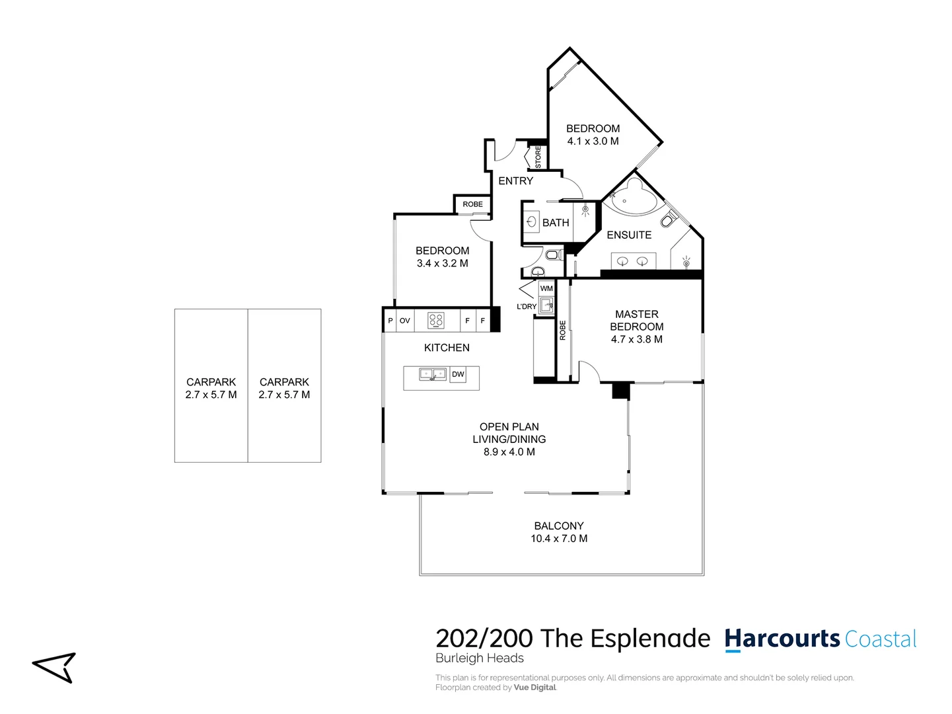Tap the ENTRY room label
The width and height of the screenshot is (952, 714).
point(515,180)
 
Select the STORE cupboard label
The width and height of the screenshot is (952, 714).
point(538,157)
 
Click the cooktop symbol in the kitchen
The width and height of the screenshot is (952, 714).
point(436,321)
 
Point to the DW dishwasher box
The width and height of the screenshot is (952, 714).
point(458,374)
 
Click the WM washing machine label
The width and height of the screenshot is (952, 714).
point(546,288)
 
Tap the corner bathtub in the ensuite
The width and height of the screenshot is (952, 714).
point(632,197)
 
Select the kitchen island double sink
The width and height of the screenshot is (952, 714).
point(433,375)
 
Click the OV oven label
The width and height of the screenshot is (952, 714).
point(405,321)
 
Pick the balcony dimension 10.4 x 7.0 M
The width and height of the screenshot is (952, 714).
point(559,539)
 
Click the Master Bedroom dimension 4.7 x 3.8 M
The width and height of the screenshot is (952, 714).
point(636,339)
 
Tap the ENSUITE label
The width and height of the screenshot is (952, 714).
point(629,235)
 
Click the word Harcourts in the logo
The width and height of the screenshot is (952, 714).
point(782,639)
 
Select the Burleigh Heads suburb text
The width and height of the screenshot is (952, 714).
point(480,658)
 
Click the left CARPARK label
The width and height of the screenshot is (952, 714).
point(211,382)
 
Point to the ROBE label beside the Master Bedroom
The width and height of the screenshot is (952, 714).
point(563,331)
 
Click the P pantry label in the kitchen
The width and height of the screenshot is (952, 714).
point(390,321)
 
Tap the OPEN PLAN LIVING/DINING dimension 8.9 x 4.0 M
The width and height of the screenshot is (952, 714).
point(509,452)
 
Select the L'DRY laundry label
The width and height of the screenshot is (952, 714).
point(527,307)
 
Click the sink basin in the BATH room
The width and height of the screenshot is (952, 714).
point(531,222)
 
